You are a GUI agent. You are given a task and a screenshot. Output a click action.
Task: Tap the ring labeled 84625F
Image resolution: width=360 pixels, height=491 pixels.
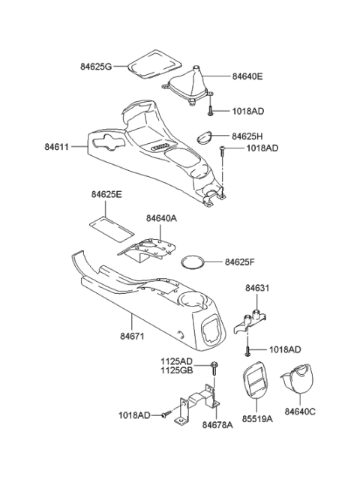(193, 262)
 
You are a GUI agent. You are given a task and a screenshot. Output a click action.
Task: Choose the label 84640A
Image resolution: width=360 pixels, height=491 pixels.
(163, 218)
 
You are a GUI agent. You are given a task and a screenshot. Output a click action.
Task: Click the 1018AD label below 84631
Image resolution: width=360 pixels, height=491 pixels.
(285, 350)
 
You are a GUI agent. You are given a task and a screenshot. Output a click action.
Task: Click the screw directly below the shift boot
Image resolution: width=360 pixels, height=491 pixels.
(210, 111)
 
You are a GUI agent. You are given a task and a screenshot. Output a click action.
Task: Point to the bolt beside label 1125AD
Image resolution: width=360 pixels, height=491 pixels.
(214, 365)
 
